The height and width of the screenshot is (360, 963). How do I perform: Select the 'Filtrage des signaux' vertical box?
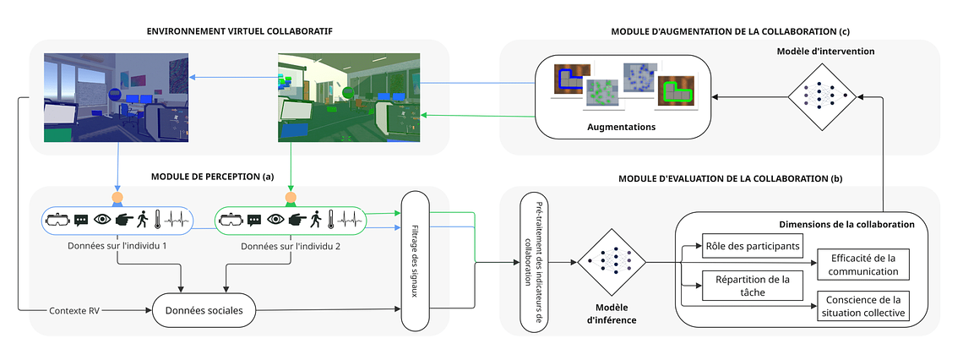[x=415, y=261]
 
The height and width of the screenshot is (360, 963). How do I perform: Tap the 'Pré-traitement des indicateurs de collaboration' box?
[x=534, y=261]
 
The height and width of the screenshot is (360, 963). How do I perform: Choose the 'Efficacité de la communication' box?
[x=862, y=264]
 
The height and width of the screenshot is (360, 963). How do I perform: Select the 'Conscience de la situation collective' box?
[x=862, y=305]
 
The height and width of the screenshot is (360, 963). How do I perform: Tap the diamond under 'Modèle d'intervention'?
[x=823, y=98]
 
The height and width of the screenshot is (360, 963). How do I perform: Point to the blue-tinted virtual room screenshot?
[x=116, y=96]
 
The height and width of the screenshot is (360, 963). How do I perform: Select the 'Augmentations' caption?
[x=621, y=127]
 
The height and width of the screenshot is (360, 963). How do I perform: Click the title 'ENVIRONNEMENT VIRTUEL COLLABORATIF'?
[x=239, y=31]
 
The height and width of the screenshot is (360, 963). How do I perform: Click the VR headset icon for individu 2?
[x=231, y=220]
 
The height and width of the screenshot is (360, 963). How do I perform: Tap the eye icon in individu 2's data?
[x=275, y=220]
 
